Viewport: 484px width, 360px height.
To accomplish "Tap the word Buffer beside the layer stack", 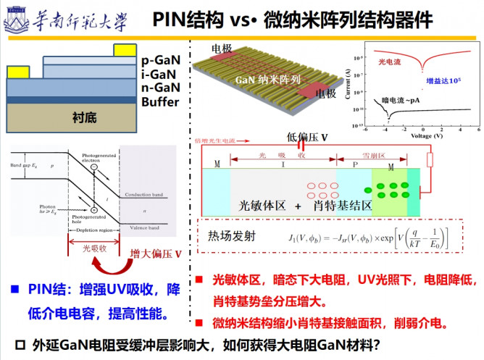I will [x=160, y=102].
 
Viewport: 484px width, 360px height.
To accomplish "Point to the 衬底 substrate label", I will [x=84, y=117].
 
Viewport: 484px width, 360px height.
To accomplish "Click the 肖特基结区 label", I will [x=343, y=206].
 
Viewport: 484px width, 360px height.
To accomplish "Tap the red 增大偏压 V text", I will [x=155, y=254].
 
